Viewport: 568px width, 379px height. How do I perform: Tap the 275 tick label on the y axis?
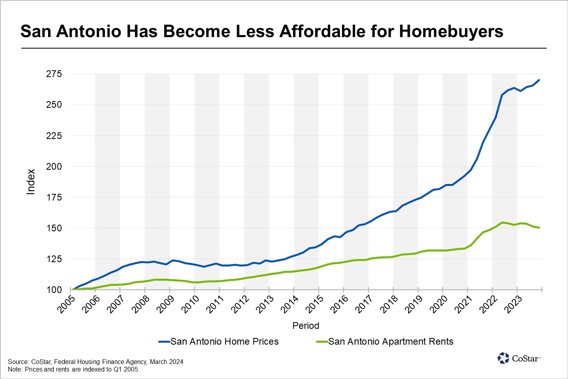[54, 74]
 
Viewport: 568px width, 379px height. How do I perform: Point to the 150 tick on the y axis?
[54, 228]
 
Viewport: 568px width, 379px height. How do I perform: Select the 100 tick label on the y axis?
[54, 290]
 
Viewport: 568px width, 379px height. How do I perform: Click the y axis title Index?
[31, 182]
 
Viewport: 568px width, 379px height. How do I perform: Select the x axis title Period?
[306, 326]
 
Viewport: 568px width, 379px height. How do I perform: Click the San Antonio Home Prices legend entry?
[224, 341]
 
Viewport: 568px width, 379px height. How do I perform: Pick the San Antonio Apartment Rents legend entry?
[390, 341]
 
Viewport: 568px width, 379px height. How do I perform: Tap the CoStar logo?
[519, 358]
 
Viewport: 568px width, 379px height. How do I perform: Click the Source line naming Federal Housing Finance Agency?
[95, 362]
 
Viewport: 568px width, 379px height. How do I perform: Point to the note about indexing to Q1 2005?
[74, 370]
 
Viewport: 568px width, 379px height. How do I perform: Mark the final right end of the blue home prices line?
[539, 80]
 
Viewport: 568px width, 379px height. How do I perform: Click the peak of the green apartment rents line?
[502, 223]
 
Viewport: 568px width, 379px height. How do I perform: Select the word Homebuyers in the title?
[451, 31]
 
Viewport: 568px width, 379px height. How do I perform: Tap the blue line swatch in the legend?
[164, 342]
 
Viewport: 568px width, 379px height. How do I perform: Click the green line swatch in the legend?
[322, 342]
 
